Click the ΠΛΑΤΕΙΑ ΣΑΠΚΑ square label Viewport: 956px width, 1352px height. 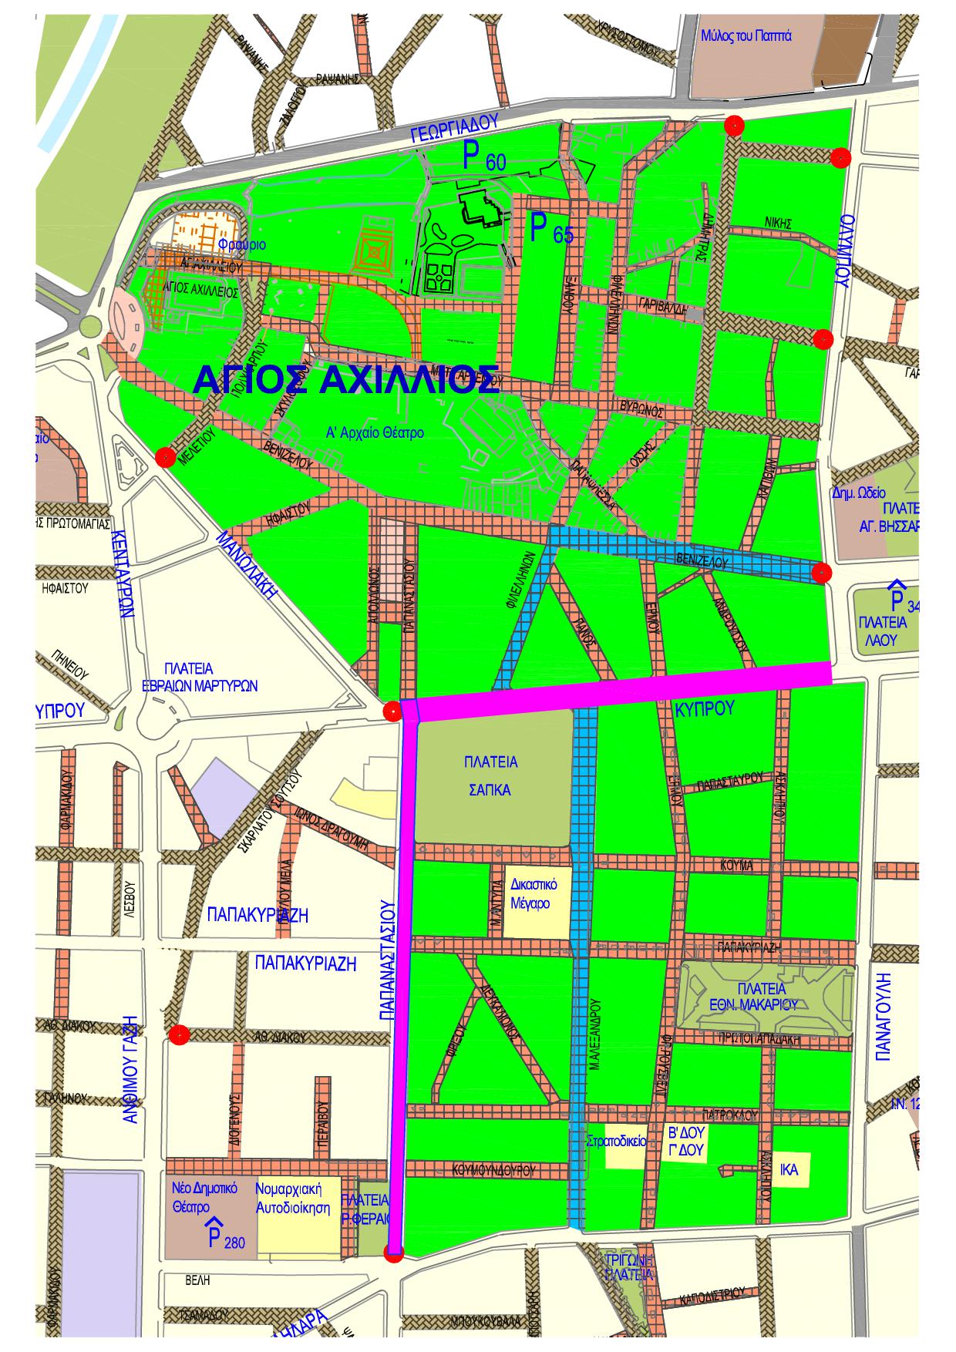point(490,776)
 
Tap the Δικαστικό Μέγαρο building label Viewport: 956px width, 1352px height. point(530,893)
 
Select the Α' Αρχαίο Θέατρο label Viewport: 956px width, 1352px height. point(375,432)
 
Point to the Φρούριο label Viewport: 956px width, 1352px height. point(241,245)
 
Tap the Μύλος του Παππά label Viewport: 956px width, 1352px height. point(746,36)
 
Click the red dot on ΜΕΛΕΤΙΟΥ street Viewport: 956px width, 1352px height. point(164,457)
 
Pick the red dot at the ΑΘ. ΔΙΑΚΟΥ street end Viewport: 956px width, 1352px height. point(180,1035)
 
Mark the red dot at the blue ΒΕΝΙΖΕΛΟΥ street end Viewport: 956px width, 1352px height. point(822,572)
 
